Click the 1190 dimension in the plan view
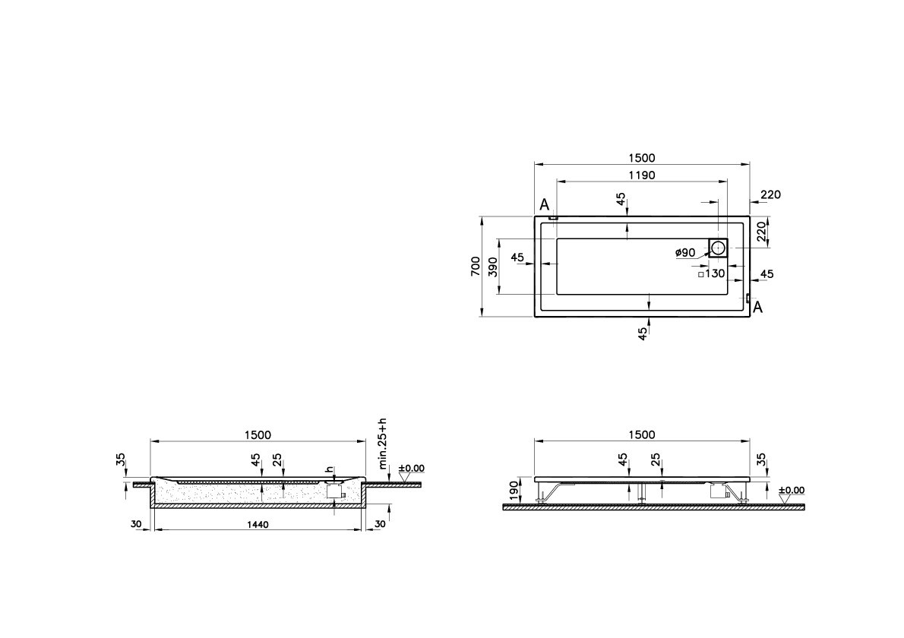[x=641, y=175]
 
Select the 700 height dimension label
[x=475, y=266]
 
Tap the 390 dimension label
[x=492, y=266]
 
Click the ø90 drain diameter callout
[x=685, y=252]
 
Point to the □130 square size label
[x=712, y=274]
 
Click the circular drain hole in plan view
[x=719, y=246]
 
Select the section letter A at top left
[x=544, y=205]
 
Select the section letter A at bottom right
[x=757, y=307]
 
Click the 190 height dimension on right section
[x=514, y=490]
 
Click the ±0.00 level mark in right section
[x=792, y=491]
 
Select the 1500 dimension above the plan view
[x=641, y=158]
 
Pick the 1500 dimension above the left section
[x=258, y=434]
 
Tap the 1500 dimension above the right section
[x=641, y=434]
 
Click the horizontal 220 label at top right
[x=770, y=194]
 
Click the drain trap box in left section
[x=333, y=492]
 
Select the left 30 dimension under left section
[x=136, y=525]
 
